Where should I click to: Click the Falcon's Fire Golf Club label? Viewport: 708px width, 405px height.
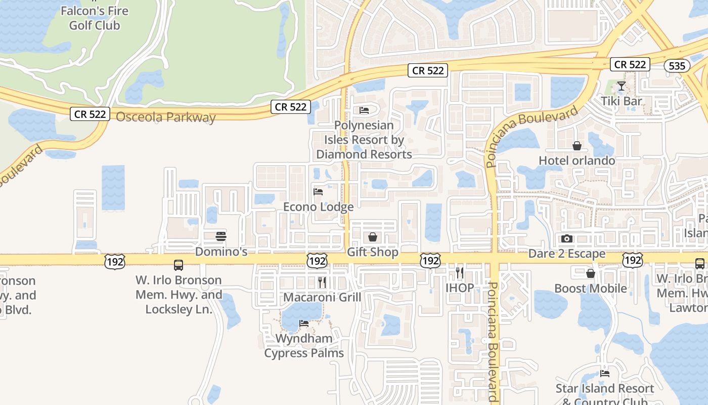click(94, 18)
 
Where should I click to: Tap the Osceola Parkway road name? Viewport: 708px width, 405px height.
click(166, 117)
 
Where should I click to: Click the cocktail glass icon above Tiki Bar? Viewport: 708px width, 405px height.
click(622, 86)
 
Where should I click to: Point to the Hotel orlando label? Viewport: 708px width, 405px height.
click(577, 160)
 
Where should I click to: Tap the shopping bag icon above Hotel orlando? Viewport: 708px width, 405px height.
click(577, 146)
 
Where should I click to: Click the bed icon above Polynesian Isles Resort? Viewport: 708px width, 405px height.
click(364, 110)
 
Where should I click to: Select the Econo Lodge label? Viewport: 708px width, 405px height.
click(318, 207)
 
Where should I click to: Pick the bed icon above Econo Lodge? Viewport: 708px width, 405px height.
click(318, 191)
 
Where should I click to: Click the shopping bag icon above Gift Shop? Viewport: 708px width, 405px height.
click(373, 236)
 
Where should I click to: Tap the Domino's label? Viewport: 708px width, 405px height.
click(221, 251)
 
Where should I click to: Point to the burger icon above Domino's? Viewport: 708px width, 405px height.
click(221, 236)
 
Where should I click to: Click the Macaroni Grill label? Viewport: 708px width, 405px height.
click(322, 297)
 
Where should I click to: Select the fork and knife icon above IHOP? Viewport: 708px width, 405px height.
click(460, 273)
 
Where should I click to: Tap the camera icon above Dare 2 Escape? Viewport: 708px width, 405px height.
click(567, 238)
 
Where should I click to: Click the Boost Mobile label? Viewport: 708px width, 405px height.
click(590, 289)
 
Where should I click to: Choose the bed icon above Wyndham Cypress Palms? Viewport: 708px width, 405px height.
click(304, 323)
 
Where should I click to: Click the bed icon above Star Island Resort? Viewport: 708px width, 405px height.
click(605, 374)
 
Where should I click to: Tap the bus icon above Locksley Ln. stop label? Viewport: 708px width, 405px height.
click(179, 265)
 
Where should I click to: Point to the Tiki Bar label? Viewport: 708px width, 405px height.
click(622, 101)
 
